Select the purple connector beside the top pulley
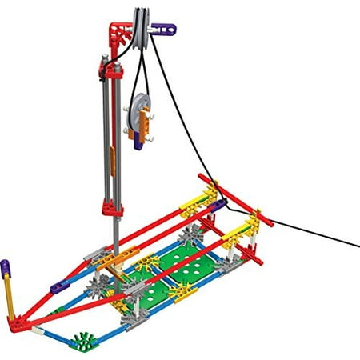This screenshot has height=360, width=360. pos(164,30)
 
